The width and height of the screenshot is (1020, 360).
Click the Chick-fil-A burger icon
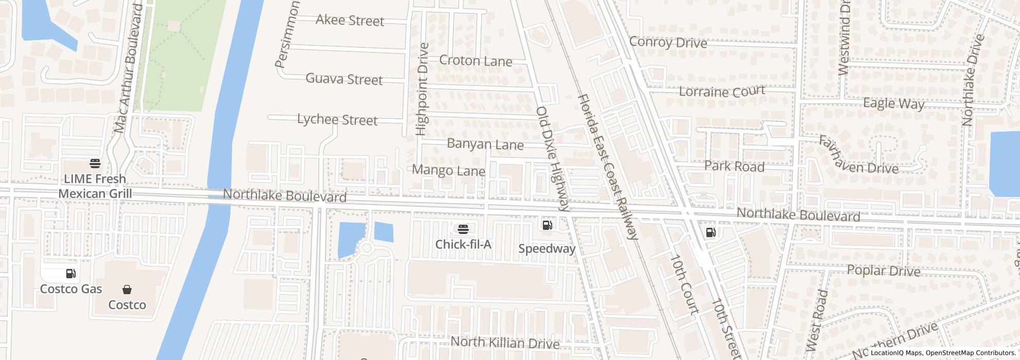pyautogui.click(x=463, y=228)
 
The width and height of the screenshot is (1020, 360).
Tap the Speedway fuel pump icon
pyautogui.click(x=547, y=225)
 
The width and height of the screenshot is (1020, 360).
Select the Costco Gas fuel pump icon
pyautogui.click(x=71, y=274)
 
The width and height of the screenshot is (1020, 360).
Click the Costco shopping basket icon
pyautogui.click(x=127, y=290)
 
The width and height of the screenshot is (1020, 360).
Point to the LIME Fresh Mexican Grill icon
pyautogui.click(x=95, y=164)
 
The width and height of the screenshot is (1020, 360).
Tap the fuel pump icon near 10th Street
pyautogui.click(x=711, y=232)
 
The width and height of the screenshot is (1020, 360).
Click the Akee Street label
pyautogui.click(x=350, y=21)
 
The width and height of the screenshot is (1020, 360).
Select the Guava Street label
pyautogui.click(x=344, y=79)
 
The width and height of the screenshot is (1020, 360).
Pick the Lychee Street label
pyautogui.click(x=337, y=120)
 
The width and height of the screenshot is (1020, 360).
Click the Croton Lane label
pyautogui.click(x=476, y=61)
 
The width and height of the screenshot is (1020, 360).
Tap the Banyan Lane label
pyautogui.click(x=485, y=144)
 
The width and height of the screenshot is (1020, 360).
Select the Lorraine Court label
pyautogui.click(x=722, y=92)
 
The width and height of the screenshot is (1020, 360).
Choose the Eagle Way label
pyautogui.click(x=894, y=103)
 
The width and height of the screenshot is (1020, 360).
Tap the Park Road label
pyautogui.click(x=734, y=166)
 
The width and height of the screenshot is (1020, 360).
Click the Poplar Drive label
pyautogui.click(x=883, y=270)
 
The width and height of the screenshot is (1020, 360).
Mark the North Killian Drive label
pyautogui.click(x=504, y=343)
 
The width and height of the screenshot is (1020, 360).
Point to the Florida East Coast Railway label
pyautogui.click(x=608, y=167)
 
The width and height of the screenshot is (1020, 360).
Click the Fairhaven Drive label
pyautogui.click(x=858, y=155)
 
